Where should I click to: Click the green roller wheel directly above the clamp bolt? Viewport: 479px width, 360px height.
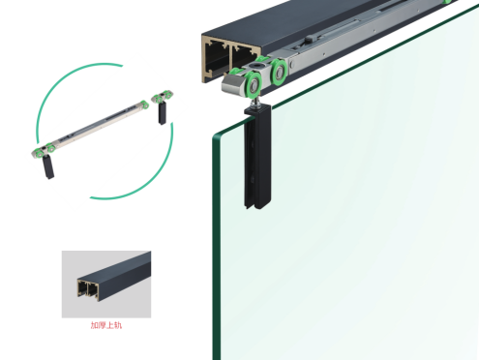(253, 85)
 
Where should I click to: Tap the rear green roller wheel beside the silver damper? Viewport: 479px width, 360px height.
(279, 72)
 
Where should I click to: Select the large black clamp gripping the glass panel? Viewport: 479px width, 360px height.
(257, 158)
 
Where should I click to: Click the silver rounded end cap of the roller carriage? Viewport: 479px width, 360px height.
(231, 83)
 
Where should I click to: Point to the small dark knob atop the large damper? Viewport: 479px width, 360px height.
(309, 39)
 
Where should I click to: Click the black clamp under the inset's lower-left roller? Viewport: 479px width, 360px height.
(48, 166)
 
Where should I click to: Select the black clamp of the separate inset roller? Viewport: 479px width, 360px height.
(162, 113)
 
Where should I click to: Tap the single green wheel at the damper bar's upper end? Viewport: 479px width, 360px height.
(145, 105)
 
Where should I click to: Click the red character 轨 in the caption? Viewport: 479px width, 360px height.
(118, 325)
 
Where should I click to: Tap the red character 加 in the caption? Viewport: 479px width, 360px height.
(95, 325)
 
